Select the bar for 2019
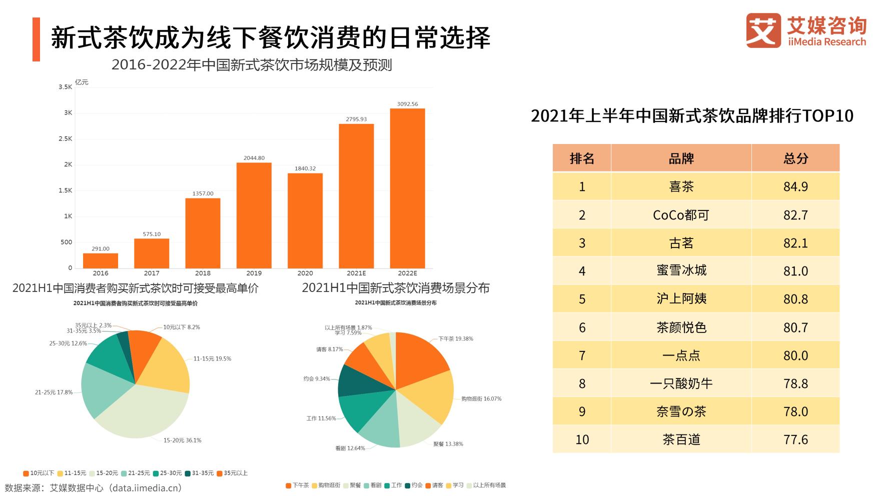pyautogui.click(x=254, y=215)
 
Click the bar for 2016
pyautogui.click(x=101, y=260)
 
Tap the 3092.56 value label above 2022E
pyautogui.click(x=407, y=104)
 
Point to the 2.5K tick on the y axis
pyautogui.click(x=66, y=138)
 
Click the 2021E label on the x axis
pyautogui.click(x=356, y=273)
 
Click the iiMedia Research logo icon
pyautogui.click(x=763, y=30)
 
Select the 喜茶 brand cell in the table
pyautogui.click(x=681, y=186)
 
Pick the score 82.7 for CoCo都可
pyautogui.click(x=795, y=215)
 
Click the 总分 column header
pyautogui.click(x=795, y=158)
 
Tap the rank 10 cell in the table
pyautogui.click(x=582, y=439)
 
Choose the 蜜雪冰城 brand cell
pyautogui.click(x=681, y=270)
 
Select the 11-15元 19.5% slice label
pyautogui.click(x=212, y=358)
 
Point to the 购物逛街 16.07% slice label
pyautogui.click(x=481, y=398)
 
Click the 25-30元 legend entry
pyautogui.click(x=168, y=473)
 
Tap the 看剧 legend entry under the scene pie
pyautogui.click(x=373, y=485)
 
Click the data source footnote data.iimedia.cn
pyautogui.click(x=93, y=487)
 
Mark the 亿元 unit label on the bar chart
pyautogui.click(x=82, y=82)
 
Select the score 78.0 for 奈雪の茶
pyautogui.click(x=795, y=411)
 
